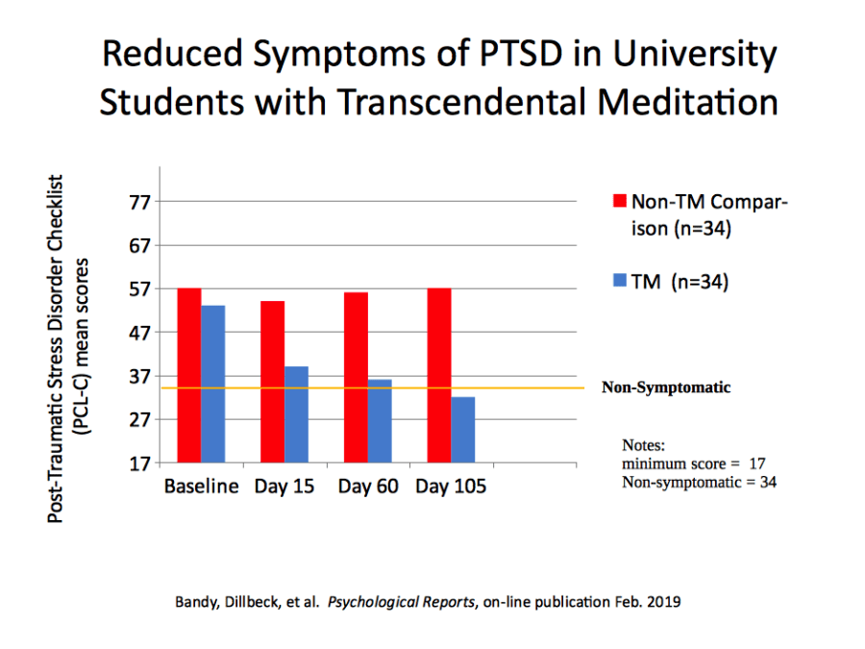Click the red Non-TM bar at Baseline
coord(189,375)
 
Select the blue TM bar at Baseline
coord(212,384)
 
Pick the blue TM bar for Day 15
coord(296,414)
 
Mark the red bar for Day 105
coord(439,375)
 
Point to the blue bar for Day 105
coord(463,429)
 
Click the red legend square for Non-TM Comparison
coord(620,203)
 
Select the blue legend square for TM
coord(620,282)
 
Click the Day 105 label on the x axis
coord(451,487)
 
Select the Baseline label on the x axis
coord(201,487)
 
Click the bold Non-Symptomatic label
coord(666,388)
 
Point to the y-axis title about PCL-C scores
coord(66,348)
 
